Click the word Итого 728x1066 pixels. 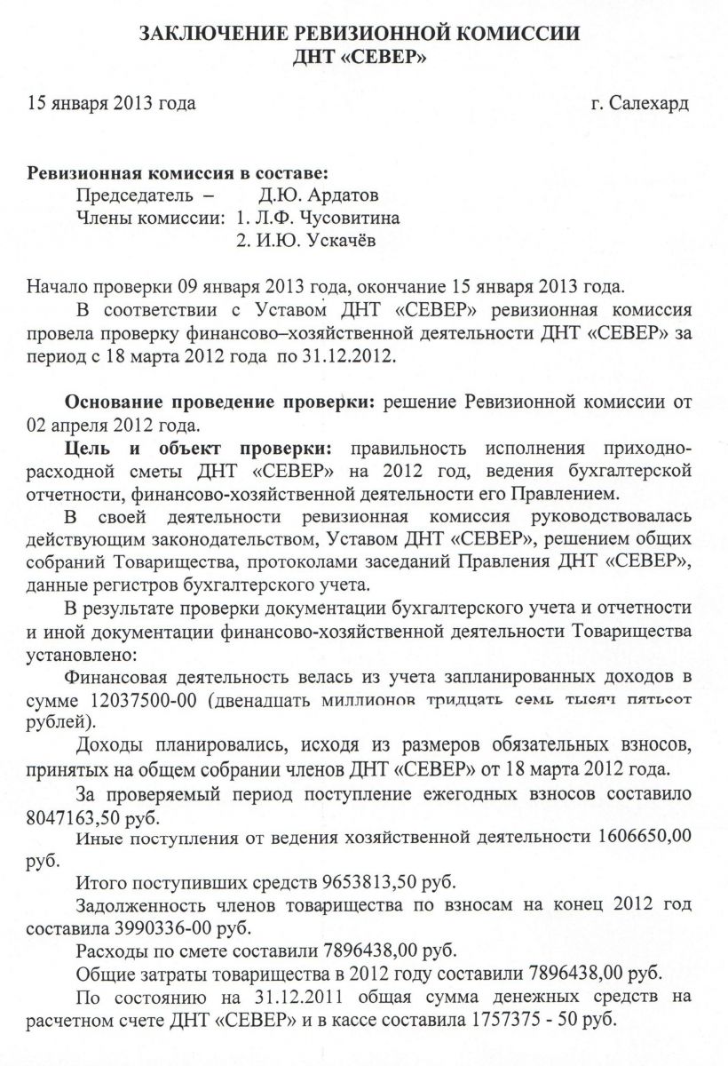coord(102,884)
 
